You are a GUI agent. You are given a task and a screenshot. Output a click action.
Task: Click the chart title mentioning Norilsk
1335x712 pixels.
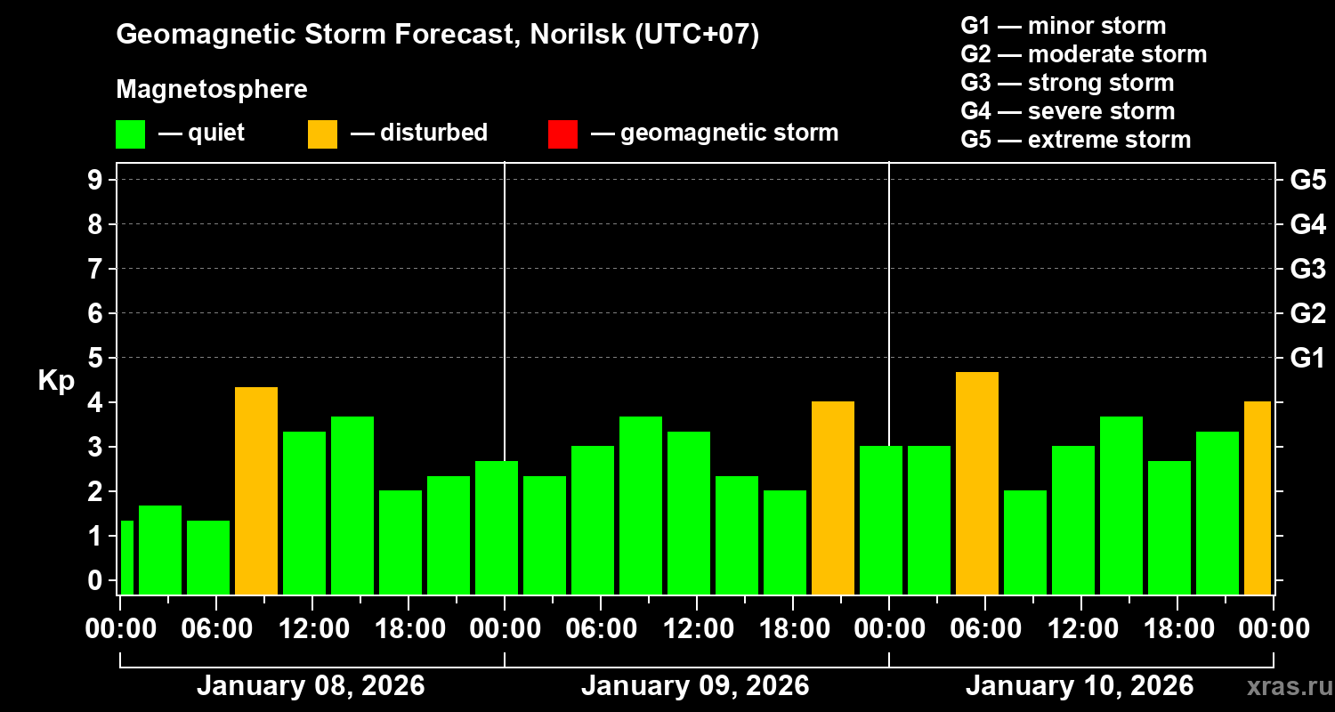pyautogui.click(x=437, y=35)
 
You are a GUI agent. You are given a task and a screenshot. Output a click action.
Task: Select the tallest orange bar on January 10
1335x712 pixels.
pyautogui.click(x=976, y=482)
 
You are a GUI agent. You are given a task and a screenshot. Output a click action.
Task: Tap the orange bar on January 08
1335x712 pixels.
pyautogui.click(x=256, y=490)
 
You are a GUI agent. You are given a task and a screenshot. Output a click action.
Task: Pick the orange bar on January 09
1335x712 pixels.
pyautogui.click(x=833, y=498)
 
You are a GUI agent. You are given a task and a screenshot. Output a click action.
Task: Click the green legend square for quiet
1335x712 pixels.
pyautogui.click(x=130, y=134)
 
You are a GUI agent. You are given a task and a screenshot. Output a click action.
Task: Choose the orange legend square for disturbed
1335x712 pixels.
pyautogui.click(x=322, y=134)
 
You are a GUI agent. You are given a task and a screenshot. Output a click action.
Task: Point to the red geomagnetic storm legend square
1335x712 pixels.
pyautogui.click(x=562, y=134)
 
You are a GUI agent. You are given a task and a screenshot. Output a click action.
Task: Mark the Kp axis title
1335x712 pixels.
pyautogui.click(x=56, y=381)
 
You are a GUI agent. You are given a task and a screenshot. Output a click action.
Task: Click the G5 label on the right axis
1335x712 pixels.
pyautogui.click(x=1307, y=180)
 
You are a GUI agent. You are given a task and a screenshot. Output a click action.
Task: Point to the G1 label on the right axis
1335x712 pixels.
pyautogui.click(x=1307, y=358)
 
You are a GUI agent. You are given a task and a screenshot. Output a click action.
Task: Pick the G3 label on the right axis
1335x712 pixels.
pyautogui.click(x=1307, y=269)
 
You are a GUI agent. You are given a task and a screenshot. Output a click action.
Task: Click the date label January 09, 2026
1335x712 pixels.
pyautogui.click(x=695, y=686)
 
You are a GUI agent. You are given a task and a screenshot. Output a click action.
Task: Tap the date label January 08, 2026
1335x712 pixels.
pyautogui.click(x=311, y=686)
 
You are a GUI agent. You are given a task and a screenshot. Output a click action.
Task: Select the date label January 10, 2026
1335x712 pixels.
pyautogui.click(x=1080, y=686)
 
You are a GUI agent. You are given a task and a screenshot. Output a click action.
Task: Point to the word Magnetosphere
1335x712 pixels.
pyautogui.click(x=212, y=90)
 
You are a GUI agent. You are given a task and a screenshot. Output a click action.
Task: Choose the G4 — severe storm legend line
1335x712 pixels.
pyautogui.click(x=1067, y=111)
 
